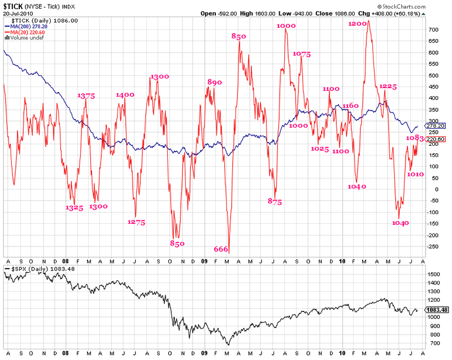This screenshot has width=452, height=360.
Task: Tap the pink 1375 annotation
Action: click(x=86, y=96)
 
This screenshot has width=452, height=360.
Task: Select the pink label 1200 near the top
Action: click(x=358, y=24)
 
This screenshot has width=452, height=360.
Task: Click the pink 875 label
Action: click(x=275, y=201)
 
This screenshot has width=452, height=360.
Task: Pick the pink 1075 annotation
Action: click(x=302, y=54)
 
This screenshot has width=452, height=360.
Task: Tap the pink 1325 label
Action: click(x=74, y=207)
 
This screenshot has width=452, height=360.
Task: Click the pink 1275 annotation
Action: click(x=136, y=222)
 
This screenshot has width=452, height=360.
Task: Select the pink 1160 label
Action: click(x=350, y=106)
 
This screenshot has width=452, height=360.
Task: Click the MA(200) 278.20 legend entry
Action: click(x=29, y=26)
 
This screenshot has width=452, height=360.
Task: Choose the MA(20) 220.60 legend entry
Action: click(x=27, y=32)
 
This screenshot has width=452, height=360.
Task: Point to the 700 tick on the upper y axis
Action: click(x=433, y=29)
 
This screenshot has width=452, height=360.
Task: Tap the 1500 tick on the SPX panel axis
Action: click(x=433, y=274)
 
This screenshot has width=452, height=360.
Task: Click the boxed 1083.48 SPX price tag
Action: click(x=437, y=310)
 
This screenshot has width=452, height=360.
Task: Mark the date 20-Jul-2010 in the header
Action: click(x=19, y=14)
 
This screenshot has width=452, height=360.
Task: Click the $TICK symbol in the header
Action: click(x=14, y=6)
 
